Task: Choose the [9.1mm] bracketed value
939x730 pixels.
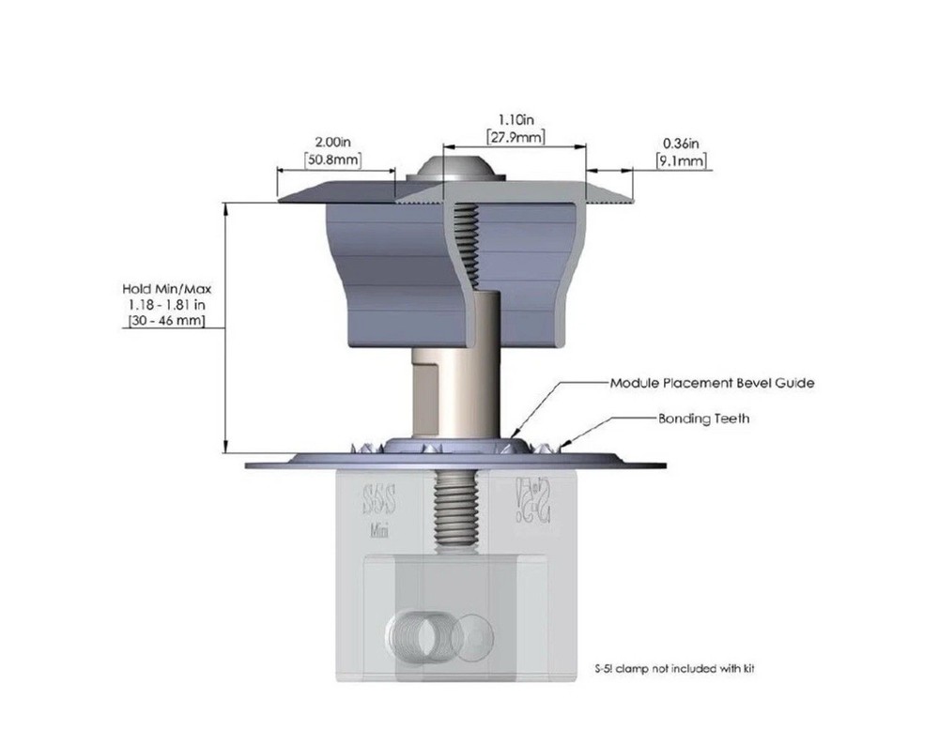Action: click(x=681, y=160)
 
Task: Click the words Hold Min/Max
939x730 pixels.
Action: click(x=163, y=289)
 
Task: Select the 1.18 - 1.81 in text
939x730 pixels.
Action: click(x=163, y=305)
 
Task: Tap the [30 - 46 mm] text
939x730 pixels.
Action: click(x=163, y=321)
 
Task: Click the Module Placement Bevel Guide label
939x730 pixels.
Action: click(x=711, y=383)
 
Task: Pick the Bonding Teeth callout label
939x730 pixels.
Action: click(x=703, y=418)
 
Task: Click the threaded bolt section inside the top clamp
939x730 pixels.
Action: click(x=467, y=244)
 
